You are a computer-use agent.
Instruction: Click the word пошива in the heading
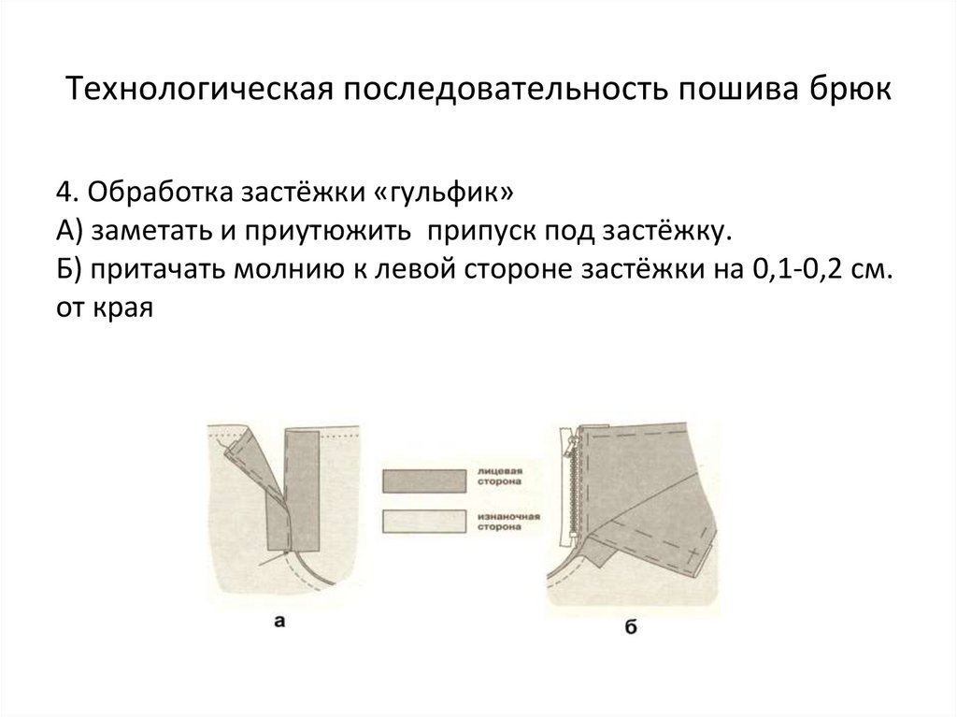coord(731,91)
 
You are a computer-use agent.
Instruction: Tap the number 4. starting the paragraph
coord(66,193)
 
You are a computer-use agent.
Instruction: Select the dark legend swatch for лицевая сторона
coord(423,480)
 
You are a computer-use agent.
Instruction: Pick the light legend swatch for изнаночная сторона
coord(423,522)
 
